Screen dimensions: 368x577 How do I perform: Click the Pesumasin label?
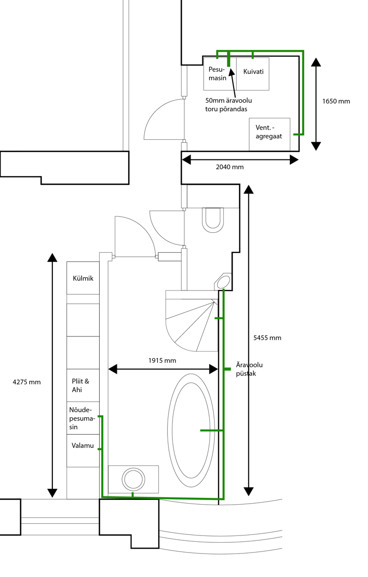tap(217, 74)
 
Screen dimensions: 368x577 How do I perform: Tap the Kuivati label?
tap(253, 71)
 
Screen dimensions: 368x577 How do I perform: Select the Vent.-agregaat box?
tap(269, 134)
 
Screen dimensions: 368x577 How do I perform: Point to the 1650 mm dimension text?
tap(336, 101)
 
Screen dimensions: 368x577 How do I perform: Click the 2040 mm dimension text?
tap(230, 167)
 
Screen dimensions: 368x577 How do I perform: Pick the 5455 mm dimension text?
tap(267, 338)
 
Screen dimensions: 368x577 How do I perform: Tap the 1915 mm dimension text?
tap(162, 361)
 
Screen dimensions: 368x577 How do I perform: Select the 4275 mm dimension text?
tap(26, 382)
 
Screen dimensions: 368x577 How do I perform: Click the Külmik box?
tap(83, 278)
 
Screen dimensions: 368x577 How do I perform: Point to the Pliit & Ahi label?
tap(81, 385)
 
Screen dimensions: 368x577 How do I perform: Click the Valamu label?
tap(83, 445)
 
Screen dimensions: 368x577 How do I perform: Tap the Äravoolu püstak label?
tap(249, 369)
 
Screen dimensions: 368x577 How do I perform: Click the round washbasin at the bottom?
tap(133, 480)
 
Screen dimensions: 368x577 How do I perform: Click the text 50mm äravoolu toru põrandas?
tap(228, 105)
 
